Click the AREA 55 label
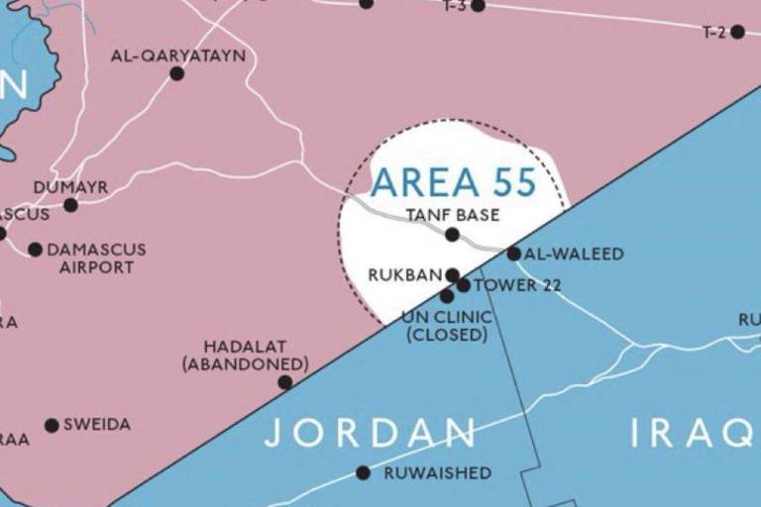(453, 182)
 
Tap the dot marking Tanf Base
(452, 235)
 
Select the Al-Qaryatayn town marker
(176, 73)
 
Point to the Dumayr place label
(70, 187)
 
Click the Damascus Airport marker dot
(36, 250)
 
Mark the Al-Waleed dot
(514, 253)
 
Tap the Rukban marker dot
(452, 275)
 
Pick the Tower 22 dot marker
(464, 285)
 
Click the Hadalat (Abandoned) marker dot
(284, 382)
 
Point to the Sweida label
(97, 425)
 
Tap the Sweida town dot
(52, 426)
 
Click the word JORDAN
(370, 433)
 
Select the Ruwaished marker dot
(363, 473)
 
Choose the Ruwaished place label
(437, 473)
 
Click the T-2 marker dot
(737, 32)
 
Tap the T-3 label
(454, 6)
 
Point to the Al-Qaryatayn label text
(178, 56)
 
